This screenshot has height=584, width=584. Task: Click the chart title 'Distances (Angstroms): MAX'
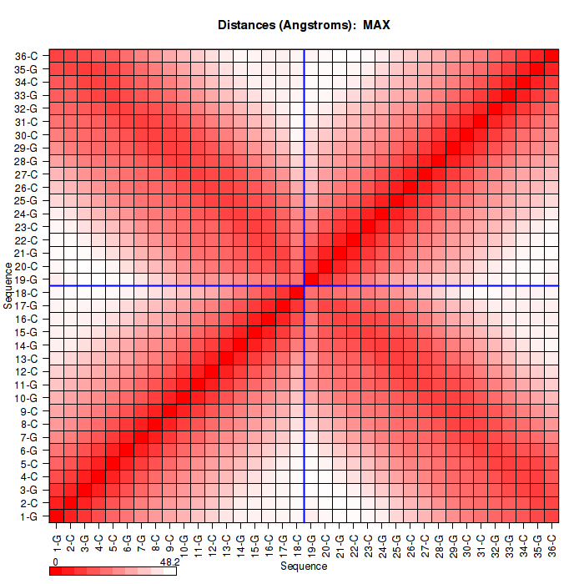click(304, 25)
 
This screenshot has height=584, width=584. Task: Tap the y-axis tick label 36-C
click(27, 56)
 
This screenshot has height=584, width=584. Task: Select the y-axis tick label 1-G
click(28, 516)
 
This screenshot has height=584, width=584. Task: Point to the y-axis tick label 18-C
click(27, 292)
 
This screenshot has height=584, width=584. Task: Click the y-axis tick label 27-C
click(27, 174)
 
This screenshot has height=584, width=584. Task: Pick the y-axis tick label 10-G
click(27, 397)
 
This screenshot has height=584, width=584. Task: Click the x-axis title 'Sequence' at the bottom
click(304, 566)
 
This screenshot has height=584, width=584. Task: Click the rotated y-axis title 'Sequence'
click(8, 285)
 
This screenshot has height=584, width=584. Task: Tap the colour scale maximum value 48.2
click(169, 562)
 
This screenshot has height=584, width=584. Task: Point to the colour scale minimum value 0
click(54, 562)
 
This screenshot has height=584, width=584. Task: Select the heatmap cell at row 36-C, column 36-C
click(551, 56)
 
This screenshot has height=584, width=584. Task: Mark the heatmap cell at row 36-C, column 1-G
click(57, 56)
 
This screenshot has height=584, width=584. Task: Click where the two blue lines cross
click(305, 286)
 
